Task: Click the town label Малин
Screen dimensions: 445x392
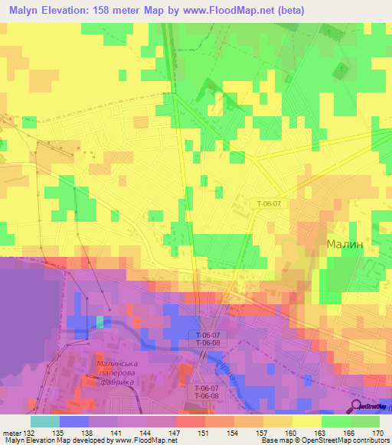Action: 349,244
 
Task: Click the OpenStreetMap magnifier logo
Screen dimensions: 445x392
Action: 357,407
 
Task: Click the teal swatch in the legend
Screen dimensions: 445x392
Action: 44,421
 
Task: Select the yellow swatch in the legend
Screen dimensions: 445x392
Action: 306,421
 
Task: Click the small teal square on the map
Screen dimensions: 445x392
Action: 100,321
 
